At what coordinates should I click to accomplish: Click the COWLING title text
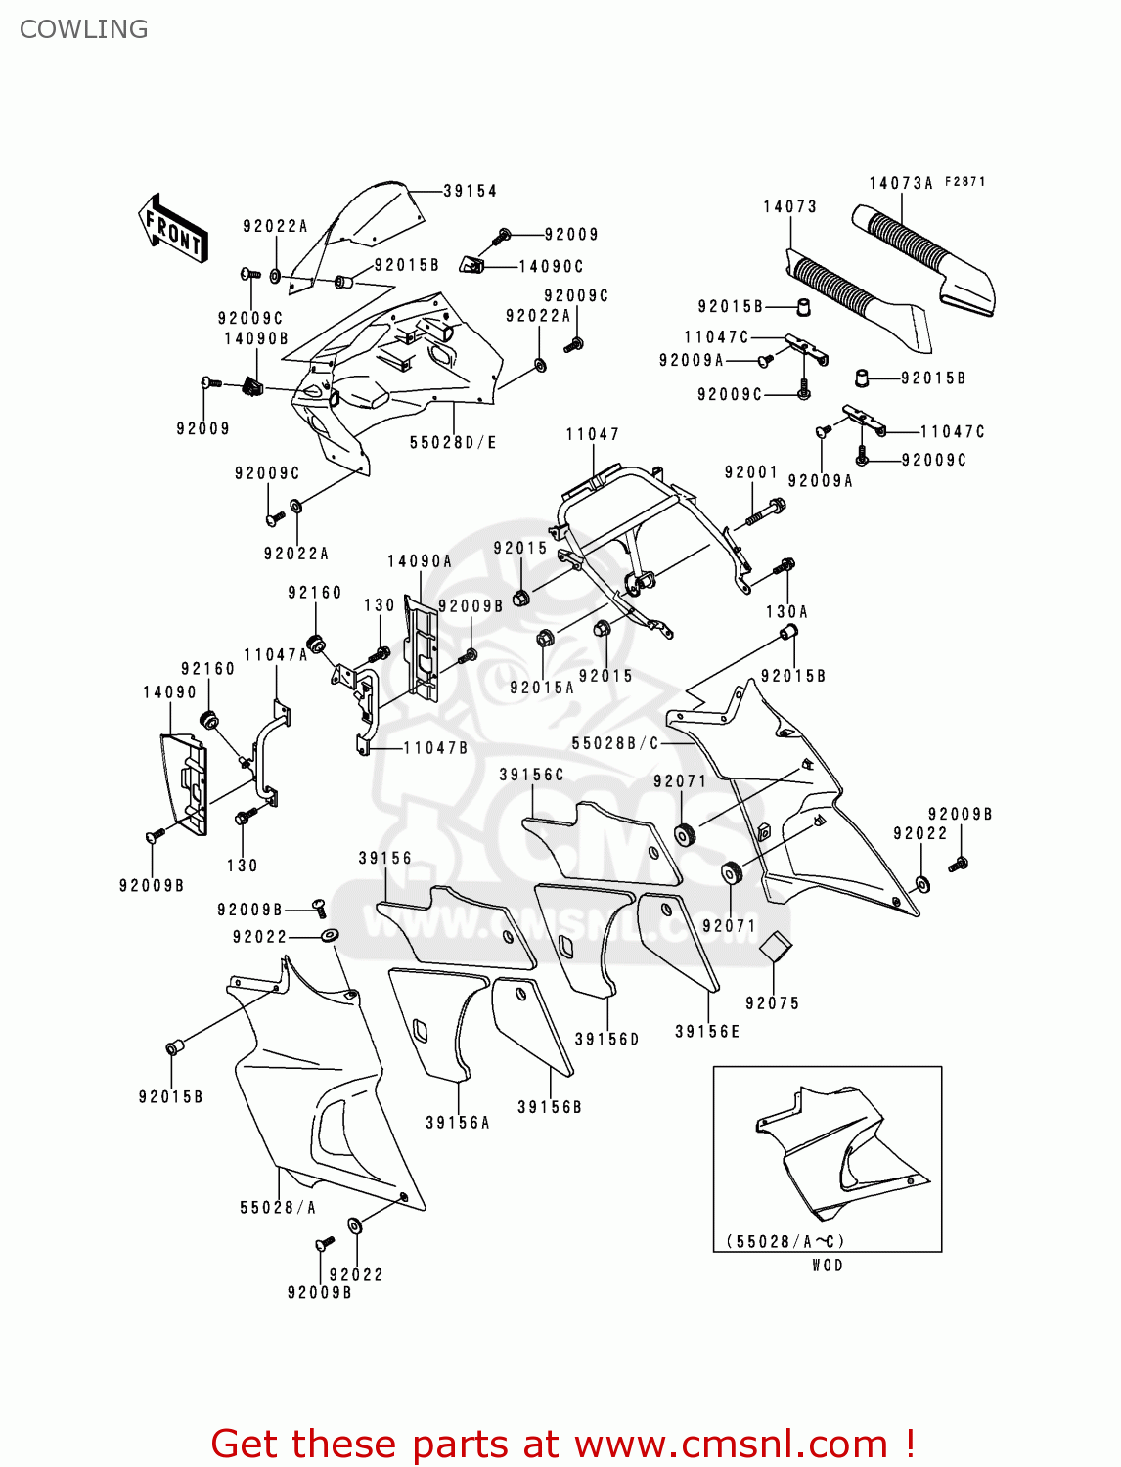pyautogui.click(x=84, y=29)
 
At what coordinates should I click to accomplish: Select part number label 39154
pyautogui.click(x=470, y=191)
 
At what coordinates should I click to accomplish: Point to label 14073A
pyautogui.click(x=901, y=183)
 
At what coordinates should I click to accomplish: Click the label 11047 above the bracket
pyautogui.click(x=592, y=434)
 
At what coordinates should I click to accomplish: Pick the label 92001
pyautogui.click(x=750, y=472)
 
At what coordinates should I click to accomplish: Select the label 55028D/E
pyautogui.click(x=453, y=443)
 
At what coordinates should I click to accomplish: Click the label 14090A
pyautogui.click(x=420, y=561)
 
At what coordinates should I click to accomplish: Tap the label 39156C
pyautogui.click(x=531, y=775)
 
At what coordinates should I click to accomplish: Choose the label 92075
pyautogui.click(x=772, y=1003)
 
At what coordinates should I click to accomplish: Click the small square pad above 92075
pyautogui.click(x=776, y=946)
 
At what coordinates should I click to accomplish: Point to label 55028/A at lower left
pyautogui.click(x=278, y=1208)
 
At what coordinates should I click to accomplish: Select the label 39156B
pyautogui.click(x=550, y=1107)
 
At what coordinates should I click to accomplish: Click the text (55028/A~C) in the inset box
pyautogui.click(x=785, y=1241)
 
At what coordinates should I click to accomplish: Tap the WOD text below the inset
pyautogui.click(x=828, y=1266)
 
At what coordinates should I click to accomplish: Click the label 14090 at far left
pyautogui.click(x=169, y=692)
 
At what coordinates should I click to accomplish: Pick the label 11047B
pyautogui.click(x=436, y=748)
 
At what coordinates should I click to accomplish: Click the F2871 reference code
pyautogui.click(x=965, y=182)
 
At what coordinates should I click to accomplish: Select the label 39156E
pyautogui.click(x=707, y=1032)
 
